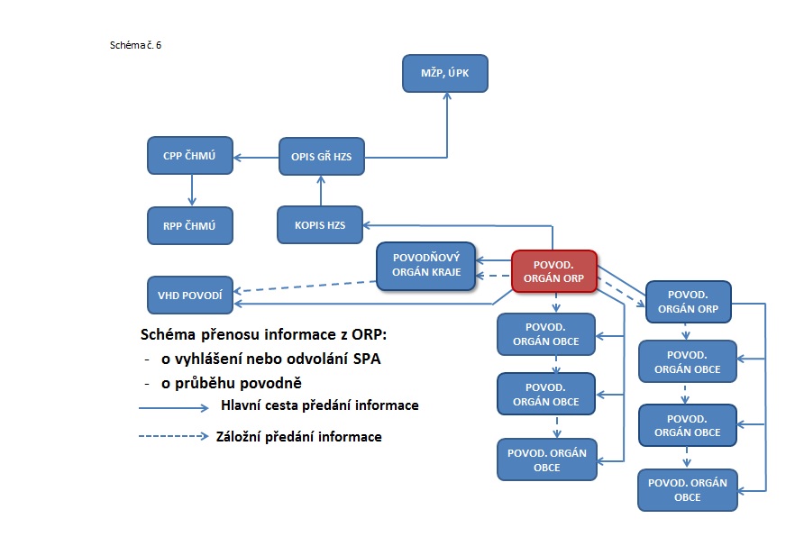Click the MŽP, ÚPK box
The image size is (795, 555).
click(444, 73)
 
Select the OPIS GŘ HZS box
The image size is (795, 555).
click(321, 157)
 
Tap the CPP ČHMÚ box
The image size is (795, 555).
click(190, 155)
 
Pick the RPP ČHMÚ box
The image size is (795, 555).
click(190, 224)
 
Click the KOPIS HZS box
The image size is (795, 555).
click(321, 224)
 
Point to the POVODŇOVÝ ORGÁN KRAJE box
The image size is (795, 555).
click(425, 266)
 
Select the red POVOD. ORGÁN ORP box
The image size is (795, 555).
click(554, 270)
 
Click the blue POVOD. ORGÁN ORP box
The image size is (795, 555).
click(688, 302)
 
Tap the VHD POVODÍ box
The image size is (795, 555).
click(190, 295)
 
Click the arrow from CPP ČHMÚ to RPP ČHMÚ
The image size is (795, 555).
click(191, 190)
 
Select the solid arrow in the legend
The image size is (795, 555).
click(174, 407)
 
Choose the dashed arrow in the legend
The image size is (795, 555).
click(174, 438)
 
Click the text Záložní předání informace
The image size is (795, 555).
click(299, 437)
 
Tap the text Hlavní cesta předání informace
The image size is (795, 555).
click(319, 405)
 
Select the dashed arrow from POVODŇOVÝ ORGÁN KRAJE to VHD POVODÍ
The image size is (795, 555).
click(306, 286)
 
